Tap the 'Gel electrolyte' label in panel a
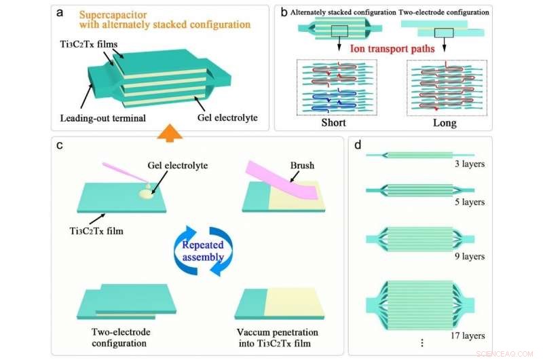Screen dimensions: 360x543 coord(227,118)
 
